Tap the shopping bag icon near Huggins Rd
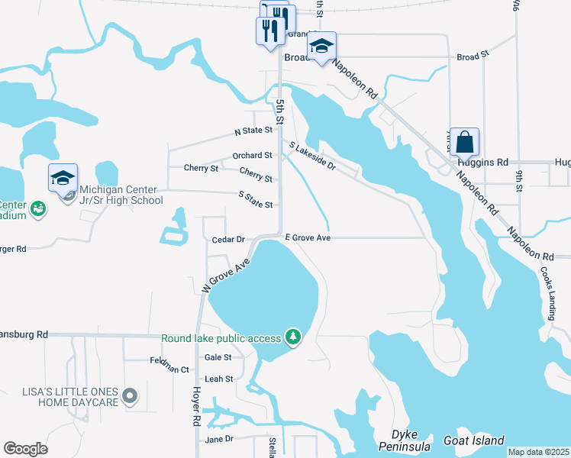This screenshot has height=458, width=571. click(x=464, y=143)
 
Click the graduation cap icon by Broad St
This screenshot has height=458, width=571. click(x=322, y=47)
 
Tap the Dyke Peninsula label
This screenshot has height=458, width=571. click(x=406, y=440)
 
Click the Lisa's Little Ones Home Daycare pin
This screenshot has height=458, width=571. click(x=131, y=395)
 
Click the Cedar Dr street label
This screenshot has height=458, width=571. click(x=229, y=240)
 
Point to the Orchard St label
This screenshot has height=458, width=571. click(x=252, y=155)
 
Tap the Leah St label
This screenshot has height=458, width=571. click(x=218, y=379)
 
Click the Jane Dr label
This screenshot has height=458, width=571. click(x=218, y=439)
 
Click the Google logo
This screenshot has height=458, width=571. click(x=25, y=449)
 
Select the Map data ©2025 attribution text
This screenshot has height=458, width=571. click(x=538, y=452)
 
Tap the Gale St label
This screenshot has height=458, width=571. click(x=218, y=356)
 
